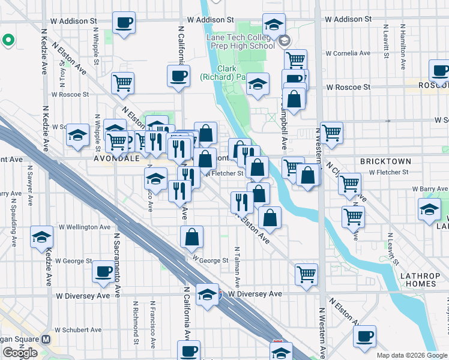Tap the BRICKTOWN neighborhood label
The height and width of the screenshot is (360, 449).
385,161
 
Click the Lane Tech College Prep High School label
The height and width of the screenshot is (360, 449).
240,41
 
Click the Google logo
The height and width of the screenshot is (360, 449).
20,352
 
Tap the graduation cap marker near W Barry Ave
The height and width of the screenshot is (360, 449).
430,209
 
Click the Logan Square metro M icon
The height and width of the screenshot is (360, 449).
47,338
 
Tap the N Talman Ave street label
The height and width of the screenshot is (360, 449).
238,265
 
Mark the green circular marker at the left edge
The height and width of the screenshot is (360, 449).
8,40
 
